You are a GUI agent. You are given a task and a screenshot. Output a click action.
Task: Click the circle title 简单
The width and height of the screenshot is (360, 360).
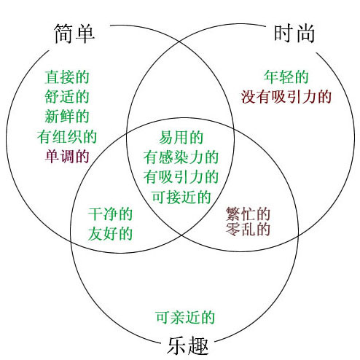point(74,34)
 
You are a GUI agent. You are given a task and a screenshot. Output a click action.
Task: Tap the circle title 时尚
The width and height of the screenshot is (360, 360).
point(294,34)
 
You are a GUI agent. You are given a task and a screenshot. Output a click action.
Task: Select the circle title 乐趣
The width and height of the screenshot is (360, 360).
point(188,346)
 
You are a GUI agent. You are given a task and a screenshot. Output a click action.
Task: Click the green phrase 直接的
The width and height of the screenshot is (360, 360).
point(67,77)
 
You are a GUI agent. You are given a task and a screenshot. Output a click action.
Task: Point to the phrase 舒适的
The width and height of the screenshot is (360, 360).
point(67,97)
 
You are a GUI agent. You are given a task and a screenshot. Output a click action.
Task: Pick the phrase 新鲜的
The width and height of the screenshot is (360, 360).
point(67,117)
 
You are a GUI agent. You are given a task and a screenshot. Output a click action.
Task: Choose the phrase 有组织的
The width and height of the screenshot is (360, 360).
point(67,136)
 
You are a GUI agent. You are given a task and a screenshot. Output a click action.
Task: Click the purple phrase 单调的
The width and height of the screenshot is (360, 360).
point(67,156)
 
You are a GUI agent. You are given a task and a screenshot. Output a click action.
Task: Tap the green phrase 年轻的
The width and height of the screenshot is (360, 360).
point(286,77)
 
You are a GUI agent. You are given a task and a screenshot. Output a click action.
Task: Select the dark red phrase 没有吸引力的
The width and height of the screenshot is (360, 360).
point(286,97)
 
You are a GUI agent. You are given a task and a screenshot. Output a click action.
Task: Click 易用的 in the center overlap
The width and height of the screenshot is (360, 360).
point(181,138)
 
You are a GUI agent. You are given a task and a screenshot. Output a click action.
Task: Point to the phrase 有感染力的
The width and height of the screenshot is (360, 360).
point(181,157)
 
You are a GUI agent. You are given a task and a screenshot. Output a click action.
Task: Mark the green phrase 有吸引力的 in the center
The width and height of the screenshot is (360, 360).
point(181,177)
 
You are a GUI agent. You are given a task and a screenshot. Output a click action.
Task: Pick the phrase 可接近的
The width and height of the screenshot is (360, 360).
point(181,197)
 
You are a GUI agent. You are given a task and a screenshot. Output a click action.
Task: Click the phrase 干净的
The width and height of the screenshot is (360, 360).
point(110,214)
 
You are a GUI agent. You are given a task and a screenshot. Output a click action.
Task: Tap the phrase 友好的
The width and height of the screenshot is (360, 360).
point(110,234)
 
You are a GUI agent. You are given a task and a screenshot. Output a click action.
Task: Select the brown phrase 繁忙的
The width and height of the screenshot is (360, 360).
point(248,214)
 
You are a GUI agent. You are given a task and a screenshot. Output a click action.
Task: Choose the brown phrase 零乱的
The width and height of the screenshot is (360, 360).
point(248,229)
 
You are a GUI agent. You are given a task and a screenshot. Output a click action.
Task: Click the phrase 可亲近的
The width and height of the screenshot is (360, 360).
point(185,317)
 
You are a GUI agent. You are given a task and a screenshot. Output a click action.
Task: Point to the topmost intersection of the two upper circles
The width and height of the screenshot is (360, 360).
point(180,42)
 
